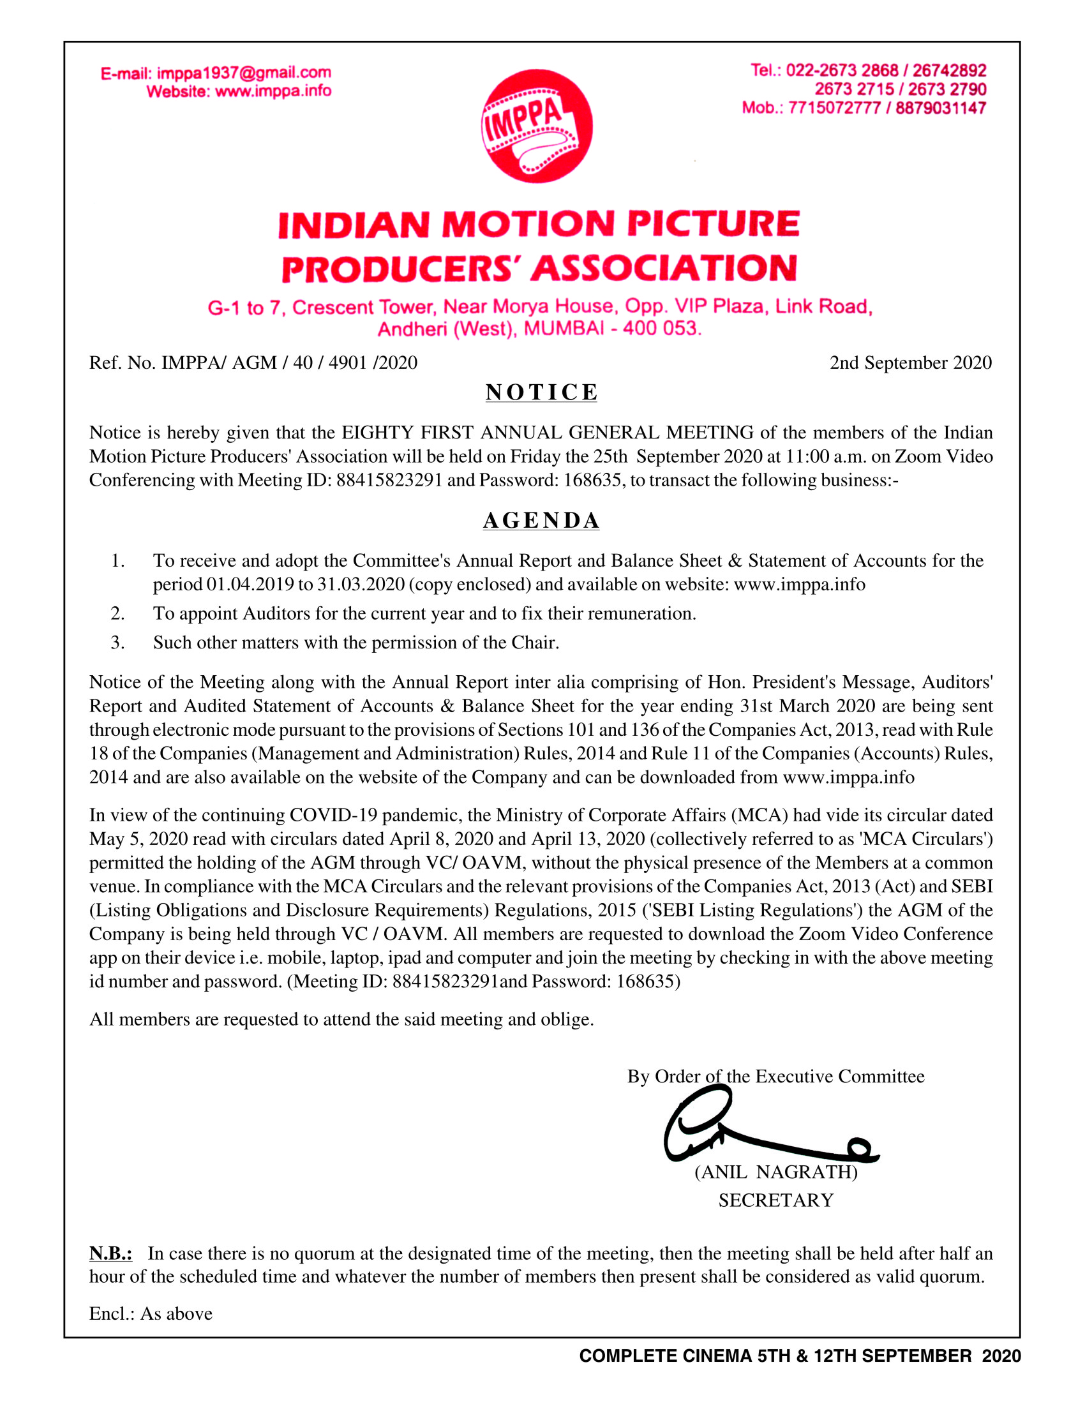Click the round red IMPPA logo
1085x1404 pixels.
(537, 126)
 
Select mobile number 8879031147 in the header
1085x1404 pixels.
(940, 108)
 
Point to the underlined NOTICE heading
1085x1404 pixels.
(541, 392)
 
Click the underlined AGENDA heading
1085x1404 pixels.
(541, 521)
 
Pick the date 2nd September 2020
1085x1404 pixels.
(910, 363)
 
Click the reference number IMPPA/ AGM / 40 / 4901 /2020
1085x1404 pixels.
(288, 363)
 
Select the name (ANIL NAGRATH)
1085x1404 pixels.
(776, 1172)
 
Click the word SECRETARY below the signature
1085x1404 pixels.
(776, 1200)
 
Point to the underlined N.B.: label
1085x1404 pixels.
(110, 1253)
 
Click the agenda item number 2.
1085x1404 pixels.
(117, 613)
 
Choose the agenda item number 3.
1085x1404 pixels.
(117, 642)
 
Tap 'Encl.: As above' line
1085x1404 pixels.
(151, 1313)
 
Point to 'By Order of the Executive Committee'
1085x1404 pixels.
(776, 1076)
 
